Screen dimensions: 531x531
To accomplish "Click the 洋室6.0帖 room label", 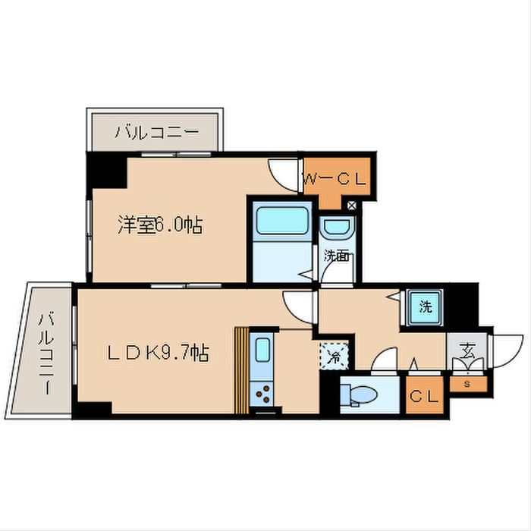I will click(x=159, y=225).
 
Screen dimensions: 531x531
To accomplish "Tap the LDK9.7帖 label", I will click(x=157, y=352).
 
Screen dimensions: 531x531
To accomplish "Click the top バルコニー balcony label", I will click(x=157, y=133).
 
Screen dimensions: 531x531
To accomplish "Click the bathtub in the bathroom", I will click(x=281, y=222).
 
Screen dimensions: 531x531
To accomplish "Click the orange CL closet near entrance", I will click(x=426, y=396).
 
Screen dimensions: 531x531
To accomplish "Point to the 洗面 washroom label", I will click(x=337, y=256).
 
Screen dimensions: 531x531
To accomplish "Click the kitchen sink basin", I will click(x=262, y=350).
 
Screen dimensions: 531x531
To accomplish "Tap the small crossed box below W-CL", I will click(x=351, y=204).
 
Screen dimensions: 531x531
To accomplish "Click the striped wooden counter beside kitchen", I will click(x=241, y=370).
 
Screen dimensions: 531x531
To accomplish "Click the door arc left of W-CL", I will click(x=287, y=172).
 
